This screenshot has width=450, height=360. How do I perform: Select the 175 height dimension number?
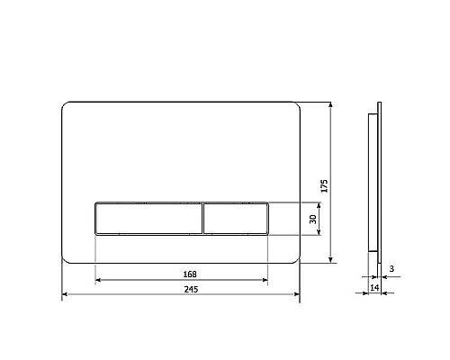(325, 184)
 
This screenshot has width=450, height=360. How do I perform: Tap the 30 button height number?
(313, 219)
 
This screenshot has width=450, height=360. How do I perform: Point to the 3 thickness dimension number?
(392, 268)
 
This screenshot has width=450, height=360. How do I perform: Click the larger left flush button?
(148, 219)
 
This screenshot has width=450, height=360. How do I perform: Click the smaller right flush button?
(235, 219)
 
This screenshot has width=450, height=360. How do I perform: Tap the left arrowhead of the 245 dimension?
(65, 295)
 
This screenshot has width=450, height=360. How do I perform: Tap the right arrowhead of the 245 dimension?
(296, 295)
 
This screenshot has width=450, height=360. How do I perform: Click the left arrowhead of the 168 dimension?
(97, 281)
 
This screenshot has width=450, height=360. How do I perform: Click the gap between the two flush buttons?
(202, 219)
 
